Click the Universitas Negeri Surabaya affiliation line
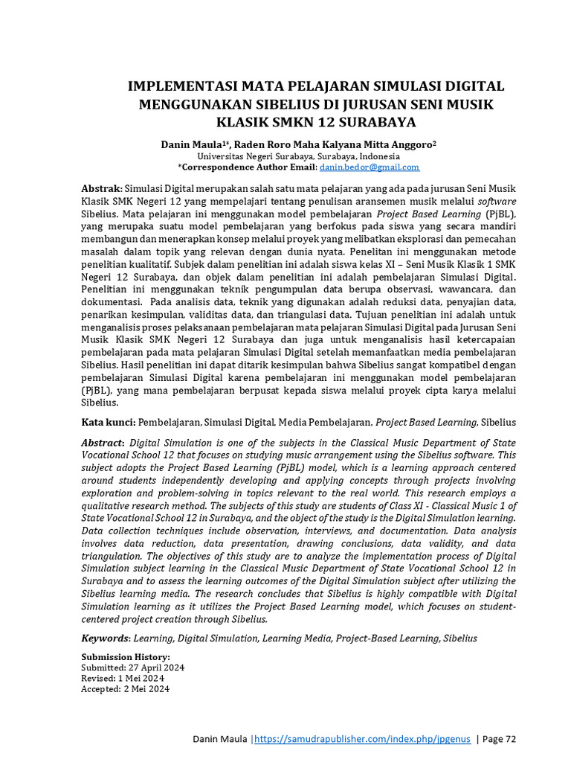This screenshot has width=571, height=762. point(298,156)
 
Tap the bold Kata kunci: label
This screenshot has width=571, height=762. point(108,422)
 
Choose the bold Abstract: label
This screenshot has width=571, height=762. point(103,443)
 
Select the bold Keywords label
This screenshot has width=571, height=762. point(104,638)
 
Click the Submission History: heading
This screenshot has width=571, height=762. point(125,657)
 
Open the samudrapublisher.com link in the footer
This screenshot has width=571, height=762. point(361,739)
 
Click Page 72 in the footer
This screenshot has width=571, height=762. point(500,739)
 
